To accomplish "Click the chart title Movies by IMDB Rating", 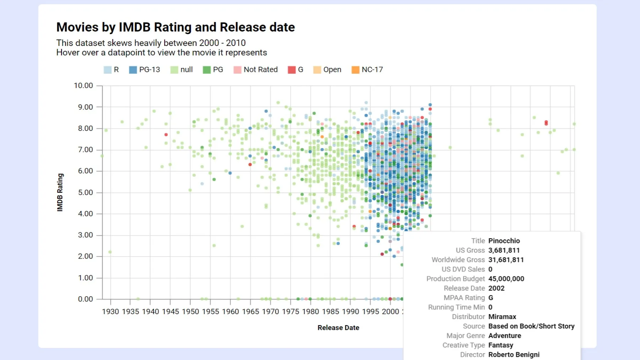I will click(175, 27).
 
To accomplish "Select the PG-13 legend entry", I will click(145, 70).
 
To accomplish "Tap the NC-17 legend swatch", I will click(355, 70).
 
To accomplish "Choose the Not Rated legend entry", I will click(256, 70).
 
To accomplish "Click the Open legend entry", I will click(327, 70).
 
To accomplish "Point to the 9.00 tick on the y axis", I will click(85, 107).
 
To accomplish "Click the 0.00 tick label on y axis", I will click(85, 299).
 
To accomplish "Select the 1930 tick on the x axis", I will click(111, 312).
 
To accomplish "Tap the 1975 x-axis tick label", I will click(290, 312).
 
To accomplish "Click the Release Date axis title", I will click(338, 328).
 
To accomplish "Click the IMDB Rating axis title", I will click(60, 192).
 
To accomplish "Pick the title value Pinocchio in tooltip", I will click(504, 241).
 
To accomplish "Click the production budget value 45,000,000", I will click(506, 279).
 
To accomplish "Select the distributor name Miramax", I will click(502, 317).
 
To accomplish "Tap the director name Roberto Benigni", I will click(514, 355).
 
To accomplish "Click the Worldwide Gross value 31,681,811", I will click(506, 260).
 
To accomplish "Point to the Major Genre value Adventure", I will click(505, 336).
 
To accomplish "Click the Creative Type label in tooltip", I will click(463, 345).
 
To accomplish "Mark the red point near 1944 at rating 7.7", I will click(166, 134).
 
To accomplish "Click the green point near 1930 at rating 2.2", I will click(110, 252).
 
